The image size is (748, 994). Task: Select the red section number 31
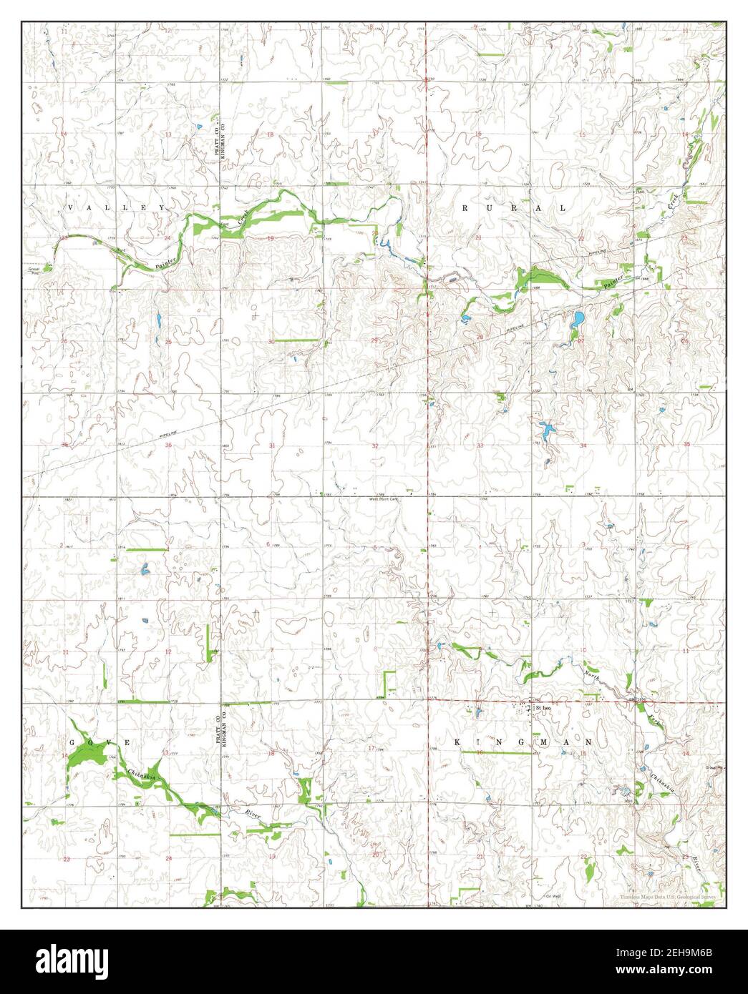[271, 446]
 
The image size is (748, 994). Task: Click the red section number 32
[375, 446]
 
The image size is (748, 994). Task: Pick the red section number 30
[271, 342]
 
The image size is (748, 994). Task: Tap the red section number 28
[480, 337]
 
